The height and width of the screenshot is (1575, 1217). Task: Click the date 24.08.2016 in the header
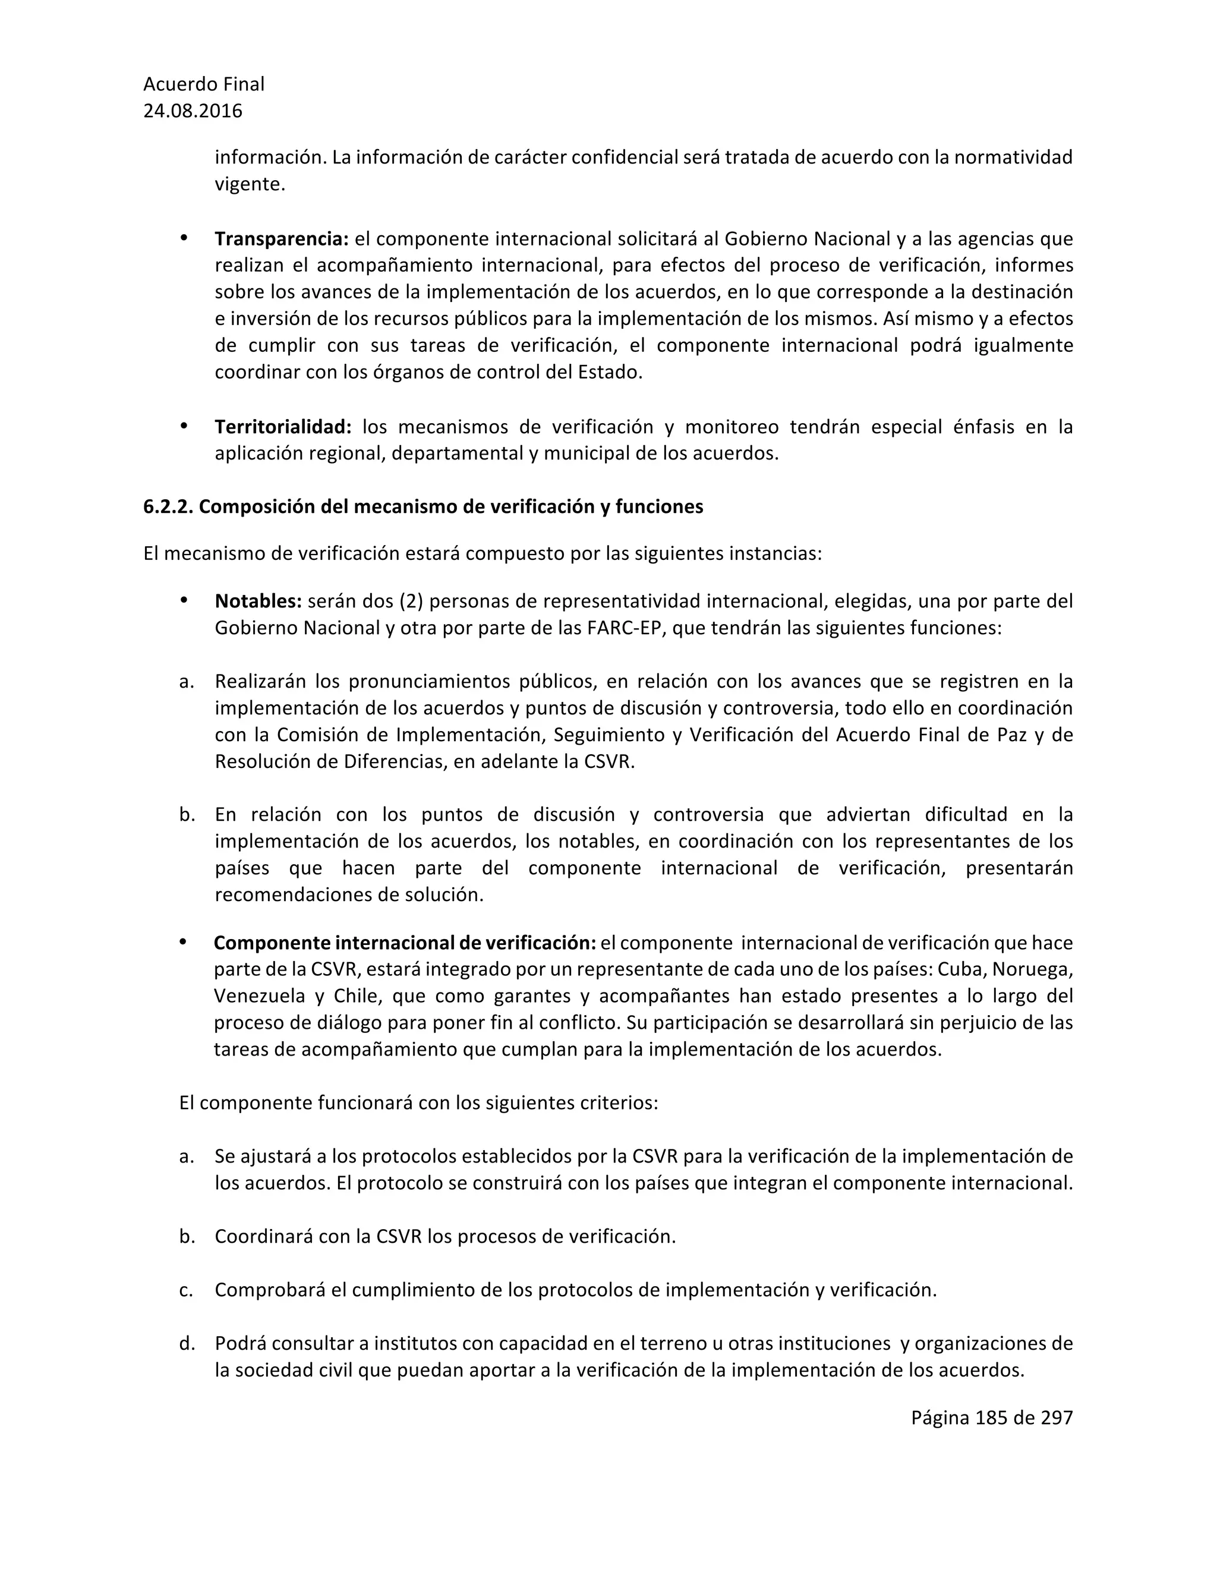(x=193, y=111)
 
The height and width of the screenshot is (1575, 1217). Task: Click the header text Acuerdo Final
(x=203, y=84)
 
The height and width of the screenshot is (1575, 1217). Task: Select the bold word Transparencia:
(x=281, y=239)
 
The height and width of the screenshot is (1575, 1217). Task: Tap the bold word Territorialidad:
(x=283, y=427)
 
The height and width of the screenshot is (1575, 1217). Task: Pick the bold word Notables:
(x=258, y=601)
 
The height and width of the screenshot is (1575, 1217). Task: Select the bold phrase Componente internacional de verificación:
(x=405, y=943)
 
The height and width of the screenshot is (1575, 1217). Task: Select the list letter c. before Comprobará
(x=186, y=1290)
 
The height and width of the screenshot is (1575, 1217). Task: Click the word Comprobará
(x=270, y=1290)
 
